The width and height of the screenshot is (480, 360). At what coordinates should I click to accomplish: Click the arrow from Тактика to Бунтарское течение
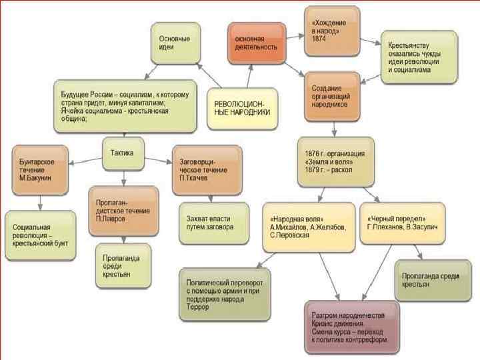85,161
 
